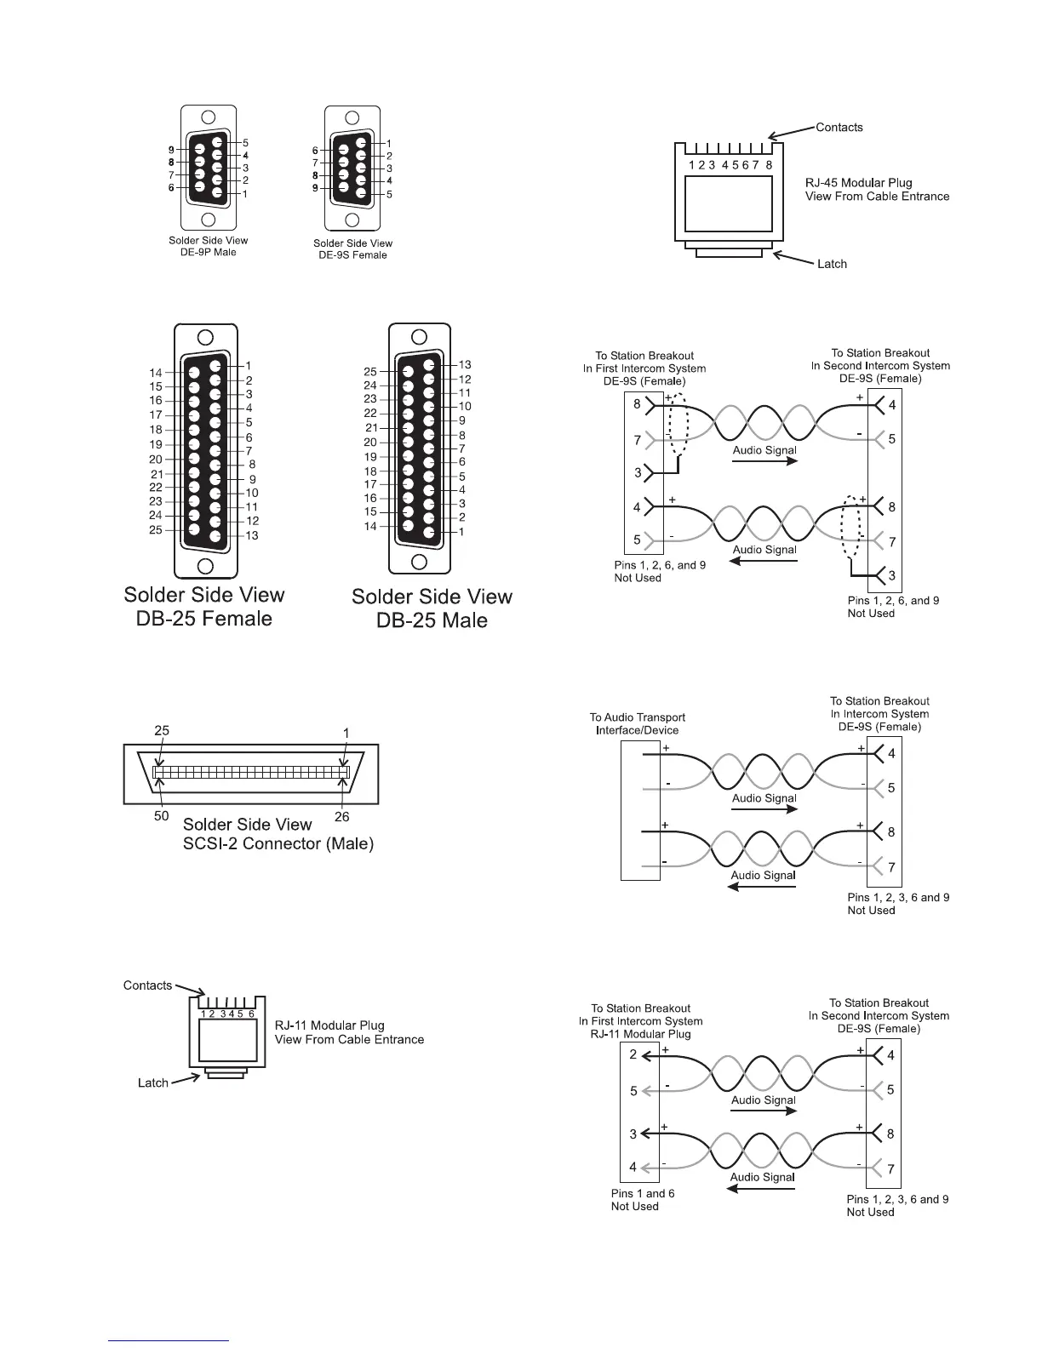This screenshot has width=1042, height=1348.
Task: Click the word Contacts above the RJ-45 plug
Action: pyautogui.click(x=839, y=128)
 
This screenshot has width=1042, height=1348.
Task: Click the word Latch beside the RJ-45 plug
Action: pyautogui.click(x=832, y=264)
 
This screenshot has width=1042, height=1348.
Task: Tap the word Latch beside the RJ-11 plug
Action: pyautogui.click(x=153, y=1082)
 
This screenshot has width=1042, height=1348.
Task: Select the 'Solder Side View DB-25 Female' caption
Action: pyautogui.click(x=204, y=607)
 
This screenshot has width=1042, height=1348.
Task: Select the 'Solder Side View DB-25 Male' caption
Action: pyautogui.click(x=432, y=608)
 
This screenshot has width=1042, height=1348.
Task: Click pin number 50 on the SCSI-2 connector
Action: pyautogui.click(x=162, y=817)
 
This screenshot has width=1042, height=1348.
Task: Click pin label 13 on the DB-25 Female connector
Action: pyautogui.click(x=252, y=535)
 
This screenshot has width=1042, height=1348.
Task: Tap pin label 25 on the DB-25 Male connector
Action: pyautogui.click(x=370, y=372)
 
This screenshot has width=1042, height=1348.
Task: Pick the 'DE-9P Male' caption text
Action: pyautogui.click(x=209, y=252)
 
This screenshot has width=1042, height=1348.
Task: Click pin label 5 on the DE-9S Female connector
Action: pyautogui.click(x=389, y=194)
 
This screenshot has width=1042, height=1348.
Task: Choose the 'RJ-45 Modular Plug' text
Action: pyautogui.click(x=858, y=183)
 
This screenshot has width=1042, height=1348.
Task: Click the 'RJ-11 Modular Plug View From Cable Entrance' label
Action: pyautogui.click(x=349, y=1032)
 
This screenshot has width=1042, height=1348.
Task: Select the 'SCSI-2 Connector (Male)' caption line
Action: pyautogui.click(x=278, y=845)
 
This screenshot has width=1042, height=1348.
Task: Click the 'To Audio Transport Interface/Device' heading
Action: pyautogui.click(x=637, y=723)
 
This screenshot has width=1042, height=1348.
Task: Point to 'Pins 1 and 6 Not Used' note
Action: pyautogui.click(x=642, y=1200)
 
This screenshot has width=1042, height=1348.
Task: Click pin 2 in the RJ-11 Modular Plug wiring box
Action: pyautogui.click(x=633, y=1054)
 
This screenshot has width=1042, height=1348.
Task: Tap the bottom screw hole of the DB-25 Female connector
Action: pyautogui.click(x=205, y=566)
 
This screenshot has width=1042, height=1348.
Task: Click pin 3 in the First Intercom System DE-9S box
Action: pyautogui.click(x=637, y=472)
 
